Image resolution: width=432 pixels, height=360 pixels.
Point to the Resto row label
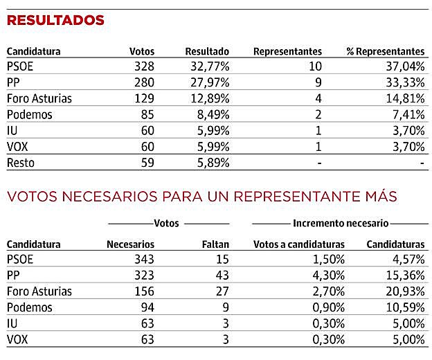pos(20,163)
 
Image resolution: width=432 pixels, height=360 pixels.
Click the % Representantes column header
pos(386,51)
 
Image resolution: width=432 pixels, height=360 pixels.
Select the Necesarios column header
pos(130,244)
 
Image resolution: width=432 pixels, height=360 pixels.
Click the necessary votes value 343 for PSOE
pos(142,259)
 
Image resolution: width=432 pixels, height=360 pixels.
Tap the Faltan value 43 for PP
pos(222,275)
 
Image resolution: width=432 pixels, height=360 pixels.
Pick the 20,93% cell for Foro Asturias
pos(405,291)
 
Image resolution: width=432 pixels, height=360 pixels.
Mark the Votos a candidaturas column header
pos(299,244)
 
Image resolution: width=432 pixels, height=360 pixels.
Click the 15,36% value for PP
pos(405,275)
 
